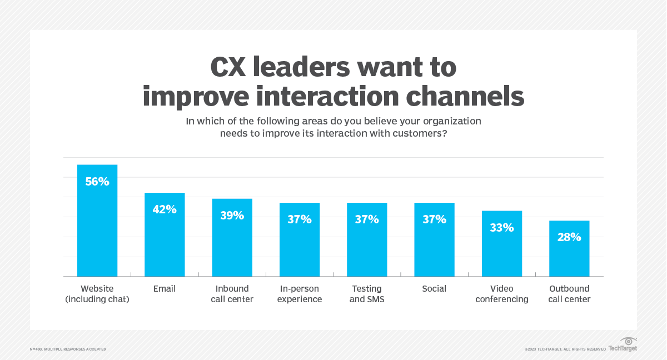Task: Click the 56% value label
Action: coord(97,182)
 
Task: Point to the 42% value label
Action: coord(165,209)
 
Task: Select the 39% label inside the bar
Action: coord(232,216)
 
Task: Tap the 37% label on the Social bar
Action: coord(434,219)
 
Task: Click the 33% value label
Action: coord(502,227)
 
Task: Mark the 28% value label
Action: coord(569,237)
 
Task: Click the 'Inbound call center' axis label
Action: coord(232,294)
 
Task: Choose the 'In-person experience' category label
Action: coord(300,294)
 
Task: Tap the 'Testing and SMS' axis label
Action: coord(367,294)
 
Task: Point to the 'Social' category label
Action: coord(434,289)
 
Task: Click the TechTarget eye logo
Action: coord(628,341)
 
